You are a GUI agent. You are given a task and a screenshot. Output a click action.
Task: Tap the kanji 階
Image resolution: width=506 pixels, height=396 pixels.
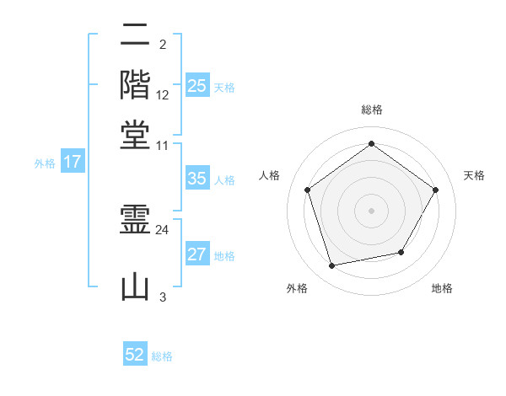[x=136, y=84]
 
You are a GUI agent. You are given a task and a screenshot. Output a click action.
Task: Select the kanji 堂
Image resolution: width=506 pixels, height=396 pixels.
[x=136, y=134]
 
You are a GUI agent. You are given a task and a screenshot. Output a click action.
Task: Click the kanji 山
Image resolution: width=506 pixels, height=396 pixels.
[x=136, y=286]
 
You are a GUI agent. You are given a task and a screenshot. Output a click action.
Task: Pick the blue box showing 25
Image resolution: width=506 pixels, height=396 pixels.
[x=197, y=86]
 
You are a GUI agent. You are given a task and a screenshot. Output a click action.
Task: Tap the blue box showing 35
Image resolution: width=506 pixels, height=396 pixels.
[x=197, y=179]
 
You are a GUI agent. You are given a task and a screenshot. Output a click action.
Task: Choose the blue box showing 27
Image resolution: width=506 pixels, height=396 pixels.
[x=197, y=254]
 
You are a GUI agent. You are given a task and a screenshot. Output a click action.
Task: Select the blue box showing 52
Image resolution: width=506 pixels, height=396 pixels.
[x=135, y=355]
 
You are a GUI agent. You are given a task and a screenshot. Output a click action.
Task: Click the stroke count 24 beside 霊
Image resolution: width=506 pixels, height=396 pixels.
[x=163, y=228]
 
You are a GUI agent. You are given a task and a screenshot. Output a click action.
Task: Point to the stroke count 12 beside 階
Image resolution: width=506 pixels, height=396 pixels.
[x=163, y=94]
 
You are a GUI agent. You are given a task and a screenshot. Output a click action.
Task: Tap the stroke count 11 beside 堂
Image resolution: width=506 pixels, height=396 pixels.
[x=163, y=145]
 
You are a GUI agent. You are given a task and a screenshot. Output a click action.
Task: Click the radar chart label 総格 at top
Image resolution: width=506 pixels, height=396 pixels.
[x=371, y=110]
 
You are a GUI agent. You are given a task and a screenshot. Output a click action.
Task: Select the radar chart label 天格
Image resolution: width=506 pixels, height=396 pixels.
[x=475, y=175]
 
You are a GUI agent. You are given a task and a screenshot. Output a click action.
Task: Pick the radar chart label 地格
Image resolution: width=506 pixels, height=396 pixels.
[x=442, y=288]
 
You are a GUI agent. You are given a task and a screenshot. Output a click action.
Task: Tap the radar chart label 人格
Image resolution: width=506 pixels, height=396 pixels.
[x=270, y=175]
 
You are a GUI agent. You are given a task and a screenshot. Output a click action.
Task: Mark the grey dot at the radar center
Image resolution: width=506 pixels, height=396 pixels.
[x=371, y=210]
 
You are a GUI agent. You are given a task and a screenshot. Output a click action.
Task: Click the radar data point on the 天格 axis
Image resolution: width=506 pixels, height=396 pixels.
[x=435, y=190]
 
